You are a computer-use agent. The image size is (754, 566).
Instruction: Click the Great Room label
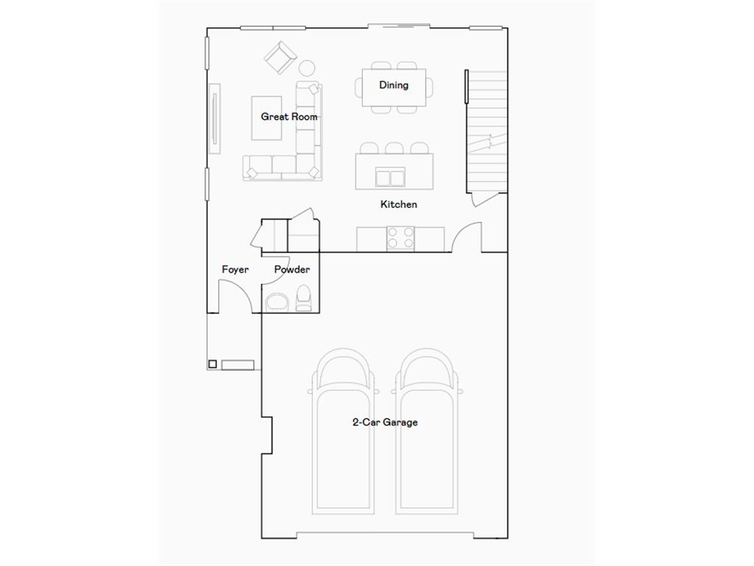(289, 116)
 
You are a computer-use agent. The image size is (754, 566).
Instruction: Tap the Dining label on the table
(394, 85)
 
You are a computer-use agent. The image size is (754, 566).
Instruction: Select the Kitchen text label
(398, 204)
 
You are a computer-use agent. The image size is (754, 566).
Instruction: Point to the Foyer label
(235, 270)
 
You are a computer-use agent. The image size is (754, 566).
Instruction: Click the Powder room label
(292, 270)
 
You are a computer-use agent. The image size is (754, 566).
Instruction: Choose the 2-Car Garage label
(385, 422)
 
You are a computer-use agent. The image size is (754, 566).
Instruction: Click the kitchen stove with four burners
(401, 238)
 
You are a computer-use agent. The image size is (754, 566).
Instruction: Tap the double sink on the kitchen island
(390, 178)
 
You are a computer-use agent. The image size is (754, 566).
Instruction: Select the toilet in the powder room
(303, 298)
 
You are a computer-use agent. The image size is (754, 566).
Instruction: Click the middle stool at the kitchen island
(394, 147)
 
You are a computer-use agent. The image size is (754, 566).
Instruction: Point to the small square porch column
(212, 363)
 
